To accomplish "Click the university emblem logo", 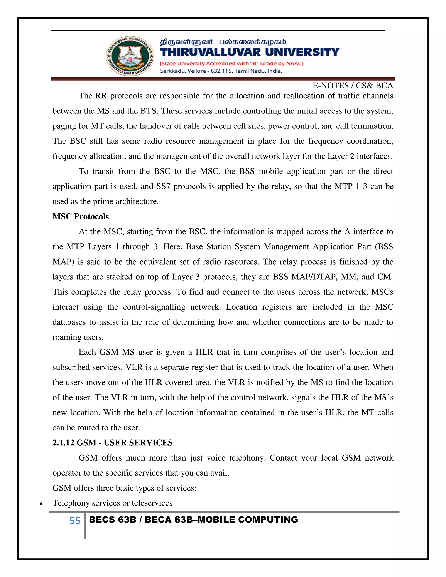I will (130, 56).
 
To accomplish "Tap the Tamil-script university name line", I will (223, 42).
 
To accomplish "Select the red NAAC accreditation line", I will (232, 63).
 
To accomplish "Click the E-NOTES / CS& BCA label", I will (353, 86).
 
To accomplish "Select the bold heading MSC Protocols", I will (81, 216).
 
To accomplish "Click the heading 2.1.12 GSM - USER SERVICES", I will (113, 442).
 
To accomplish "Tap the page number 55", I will (75, 520).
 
